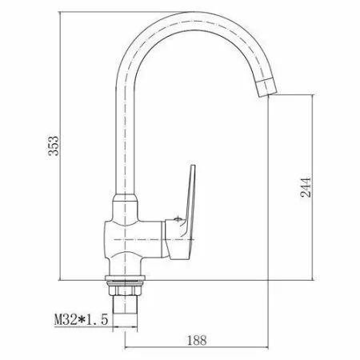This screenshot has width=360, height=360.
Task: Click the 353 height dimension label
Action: [x=54, y=146]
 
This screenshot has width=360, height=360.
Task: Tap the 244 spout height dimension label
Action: [x=306, y=187]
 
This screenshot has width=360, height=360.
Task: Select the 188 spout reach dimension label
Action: [x=197, y=340]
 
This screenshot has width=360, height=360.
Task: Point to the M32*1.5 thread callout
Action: [x=82, y=319]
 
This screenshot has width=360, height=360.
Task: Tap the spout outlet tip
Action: [x=266, y=88]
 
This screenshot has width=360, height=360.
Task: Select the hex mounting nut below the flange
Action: [x=125, y=289]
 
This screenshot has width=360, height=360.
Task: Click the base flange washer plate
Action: [x=125, y=278]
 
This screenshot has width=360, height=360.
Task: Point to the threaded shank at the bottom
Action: [x=125, y=304]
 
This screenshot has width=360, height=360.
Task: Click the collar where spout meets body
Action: [x=125, y=198]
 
